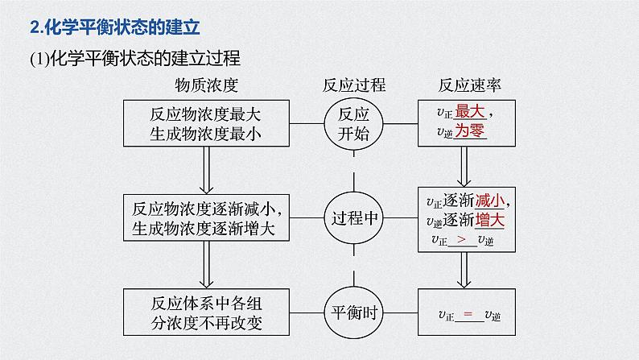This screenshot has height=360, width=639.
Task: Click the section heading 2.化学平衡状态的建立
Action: tap(113, 28)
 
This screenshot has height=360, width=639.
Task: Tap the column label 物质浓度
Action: tap(207, 85)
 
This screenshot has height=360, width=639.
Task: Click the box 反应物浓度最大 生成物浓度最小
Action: tap(207, 123)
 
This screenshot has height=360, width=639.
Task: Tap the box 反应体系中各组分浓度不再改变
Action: tap(207, 312)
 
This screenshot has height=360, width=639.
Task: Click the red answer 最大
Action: tap(469, 113)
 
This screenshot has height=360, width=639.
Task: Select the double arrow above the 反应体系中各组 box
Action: tap(207, 264)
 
